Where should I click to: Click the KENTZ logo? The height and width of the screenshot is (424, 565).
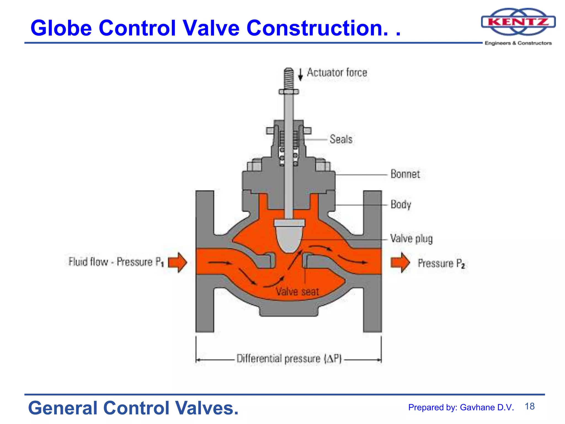click(518, 22)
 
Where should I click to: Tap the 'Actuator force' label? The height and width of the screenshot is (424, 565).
click(337, 73)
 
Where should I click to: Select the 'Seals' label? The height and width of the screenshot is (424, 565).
click(341, 139)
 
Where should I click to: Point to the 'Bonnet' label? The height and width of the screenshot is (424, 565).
click(405, 174)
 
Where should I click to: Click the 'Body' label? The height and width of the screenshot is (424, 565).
click(401, 205)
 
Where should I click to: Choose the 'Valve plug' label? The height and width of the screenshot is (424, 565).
click(411, 239)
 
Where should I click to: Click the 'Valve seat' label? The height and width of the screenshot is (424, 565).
click(297, 291)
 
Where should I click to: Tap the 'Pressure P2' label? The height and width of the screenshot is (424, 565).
click(441, 263)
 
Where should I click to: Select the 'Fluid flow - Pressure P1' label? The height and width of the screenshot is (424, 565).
click(116, 262)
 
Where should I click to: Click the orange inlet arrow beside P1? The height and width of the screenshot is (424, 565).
click(177, 262)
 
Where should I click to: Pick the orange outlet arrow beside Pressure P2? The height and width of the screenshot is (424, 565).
click(400, 262)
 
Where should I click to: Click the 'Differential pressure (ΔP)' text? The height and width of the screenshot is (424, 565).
click(289, 359)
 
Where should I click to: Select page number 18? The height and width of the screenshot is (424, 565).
click(529, 406)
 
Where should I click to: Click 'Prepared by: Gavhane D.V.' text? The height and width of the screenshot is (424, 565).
click(461, 407)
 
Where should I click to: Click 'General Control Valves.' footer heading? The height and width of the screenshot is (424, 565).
click(133, 408)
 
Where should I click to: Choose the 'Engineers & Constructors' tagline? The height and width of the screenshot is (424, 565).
click(518, 43)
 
